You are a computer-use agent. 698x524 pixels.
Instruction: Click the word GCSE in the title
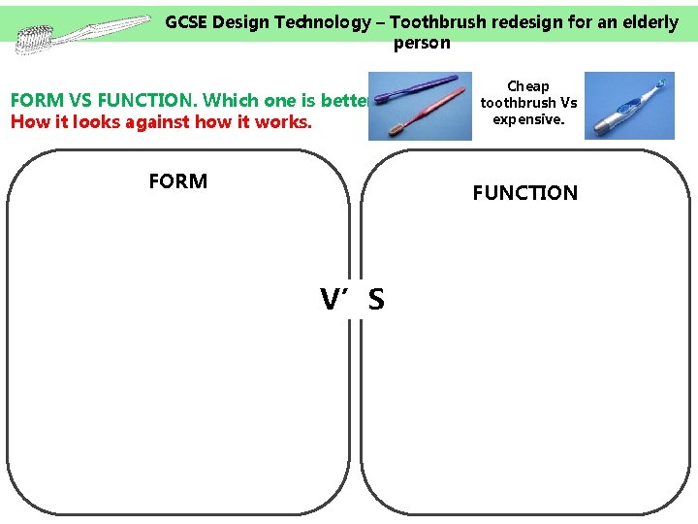(x=188, y=22)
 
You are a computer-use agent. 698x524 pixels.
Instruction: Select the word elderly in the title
(x=646, y=22)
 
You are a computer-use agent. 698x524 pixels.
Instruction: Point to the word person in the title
(x=422, y=43)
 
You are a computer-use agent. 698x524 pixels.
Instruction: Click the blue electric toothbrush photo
(x=628, y=106)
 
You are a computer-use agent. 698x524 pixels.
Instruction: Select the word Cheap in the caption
(x=528, y=86)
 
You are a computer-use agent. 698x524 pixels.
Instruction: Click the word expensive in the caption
(x=528, y=119)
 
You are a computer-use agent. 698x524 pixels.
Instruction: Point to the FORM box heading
(x=177, y=181)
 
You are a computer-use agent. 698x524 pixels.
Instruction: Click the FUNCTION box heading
(x=524, y=193)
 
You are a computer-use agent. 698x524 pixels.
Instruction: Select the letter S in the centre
(x=376, y=301)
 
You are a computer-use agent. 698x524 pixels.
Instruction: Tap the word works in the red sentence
(x=285, y=121)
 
